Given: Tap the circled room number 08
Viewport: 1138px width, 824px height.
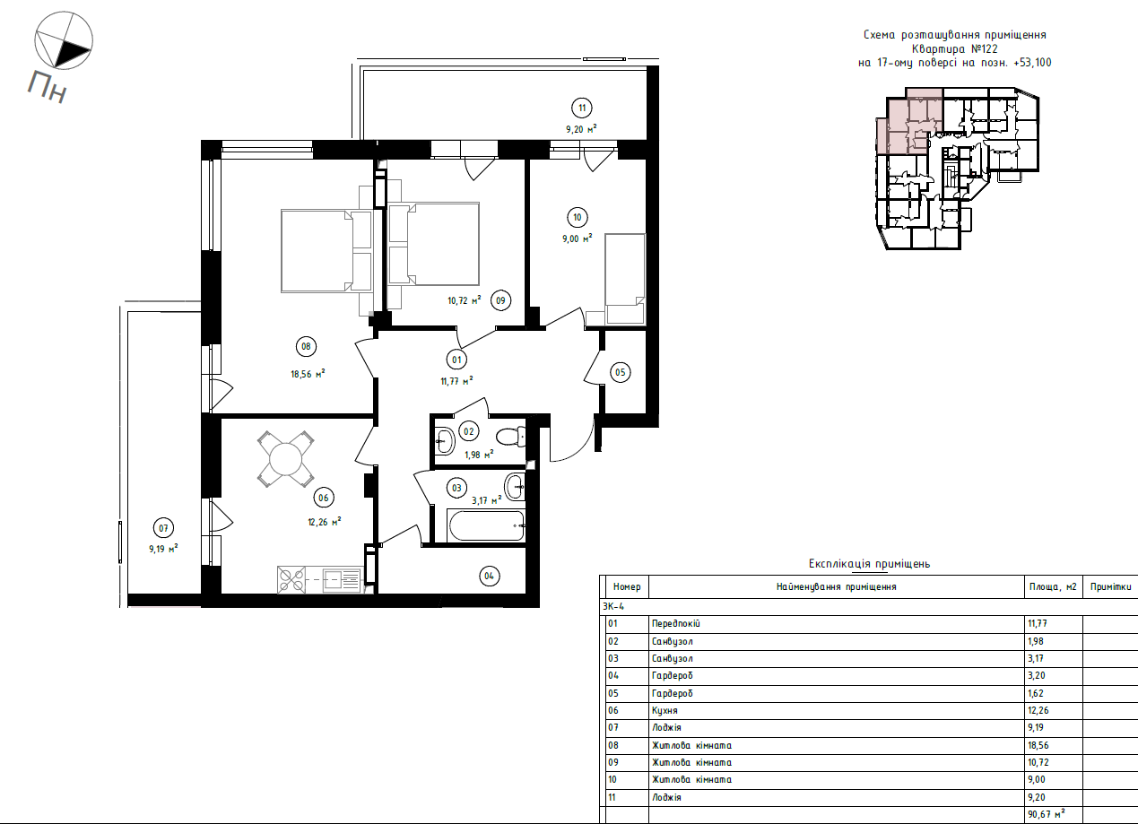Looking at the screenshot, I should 306,346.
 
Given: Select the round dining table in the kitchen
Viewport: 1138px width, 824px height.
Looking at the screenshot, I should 286,459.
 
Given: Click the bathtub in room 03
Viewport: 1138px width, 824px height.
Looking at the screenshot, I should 486,525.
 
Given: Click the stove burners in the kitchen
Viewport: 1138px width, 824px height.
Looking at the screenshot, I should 291,580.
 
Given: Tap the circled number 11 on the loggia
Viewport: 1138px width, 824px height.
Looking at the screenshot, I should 582,108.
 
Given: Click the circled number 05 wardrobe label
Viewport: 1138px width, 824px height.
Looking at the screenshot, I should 621,372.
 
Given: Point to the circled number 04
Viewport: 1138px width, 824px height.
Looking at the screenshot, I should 488,577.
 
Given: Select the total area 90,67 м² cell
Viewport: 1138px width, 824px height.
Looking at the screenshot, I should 1047,814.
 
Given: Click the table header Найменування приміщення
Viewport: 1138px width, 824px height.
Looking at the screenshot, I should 836,587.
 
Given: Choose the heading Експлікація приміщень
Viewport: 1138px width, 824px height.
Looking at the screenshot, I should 869,564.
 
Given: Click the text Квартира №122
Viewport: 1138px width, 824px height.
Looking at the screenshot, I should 954,49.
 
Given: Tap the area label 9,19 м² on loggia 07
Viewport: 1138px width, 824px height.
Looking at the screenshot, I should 163,548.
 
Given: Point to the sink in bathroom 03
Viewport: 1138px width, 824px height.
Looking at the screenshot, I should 516,487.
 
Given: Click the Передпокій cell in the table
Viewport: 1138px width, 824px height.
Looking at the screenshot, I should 675,624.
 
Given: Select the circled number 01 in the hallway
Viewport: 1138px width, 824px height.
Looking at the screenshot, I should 456,360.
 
